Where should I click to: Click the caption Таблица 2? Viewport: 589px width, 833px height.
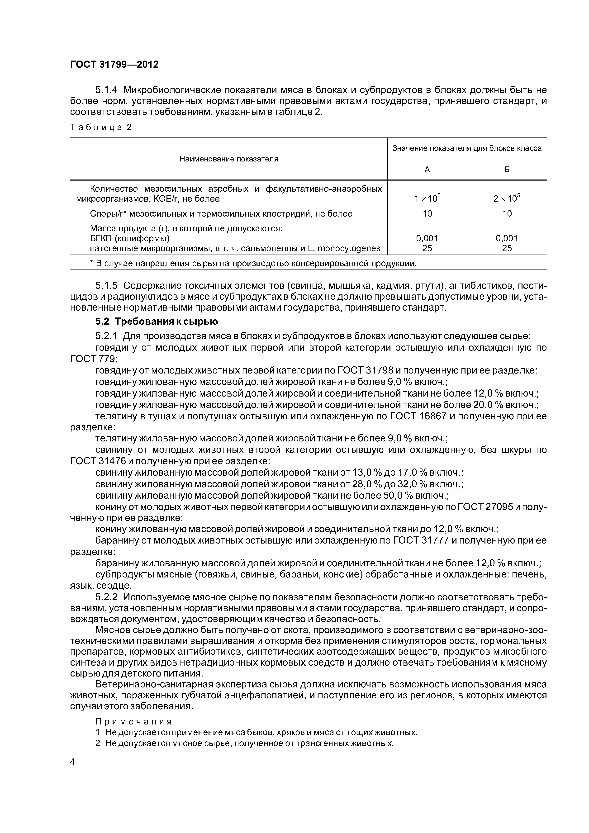[101, 127]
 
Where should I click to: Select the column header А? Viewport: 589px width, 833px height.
[427, 170]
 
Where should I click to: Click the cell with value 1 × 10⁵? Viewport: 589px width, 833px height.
[427, 198]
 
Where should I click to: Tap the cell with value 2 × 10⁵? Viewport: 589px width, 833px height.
[507, 198]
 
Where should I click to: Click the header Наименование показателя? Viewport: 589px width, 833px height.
[229, 159]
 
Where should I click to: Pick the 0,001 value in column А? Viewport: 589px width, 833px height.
[427, 238]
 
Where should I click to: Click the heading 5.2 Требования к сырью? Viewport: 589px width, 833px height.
[157, 322]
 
